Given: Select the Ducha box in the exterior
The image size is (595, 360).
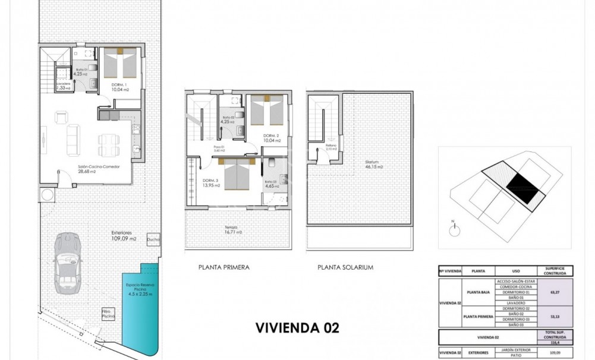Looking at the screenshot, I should pyautogui.click(x=153, y=239).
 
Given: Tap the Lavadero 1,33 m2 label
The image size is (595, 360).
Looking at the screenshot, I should pyautogui.click(x=63, y=86).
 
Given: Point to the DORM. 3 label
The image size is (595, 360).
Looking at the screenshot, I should pyautogui.click(x=211, y=183).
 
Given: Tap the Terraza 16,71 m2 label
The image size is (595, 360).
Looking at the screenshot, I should pyautogui.click(x=233, y=230).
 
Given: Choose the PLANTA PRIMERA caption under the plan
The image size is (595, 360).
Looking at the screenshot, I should pyautogui.click(x=223, y=267).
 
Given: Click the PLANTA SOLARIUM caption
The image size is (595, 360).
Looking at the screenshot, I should pyautogui.click(x=346, y=267).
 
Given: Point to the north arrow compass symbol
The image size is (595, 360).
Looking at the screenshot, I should pyautogui.click(x=452, y=226).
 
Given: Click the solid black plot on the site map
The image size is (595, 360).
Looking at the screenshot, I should pyautogui.click(x=524, y=186).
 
